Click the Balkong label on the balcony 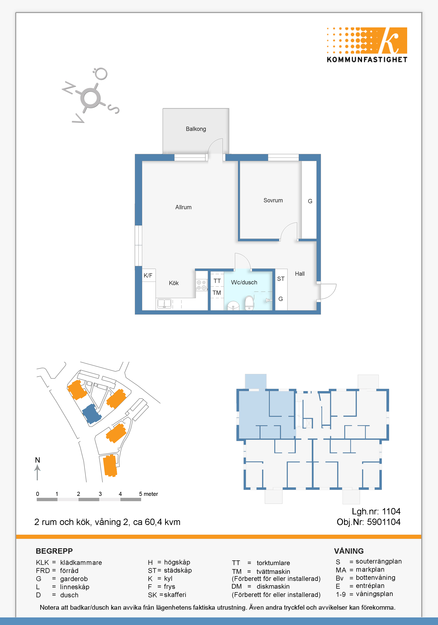coord(196,129)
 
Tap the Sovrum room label coord(273,200)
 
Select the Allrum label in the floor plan coord(184,207)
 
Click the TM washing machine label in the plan coord(217,293)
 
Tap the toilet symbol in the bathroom coord(249,303)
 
